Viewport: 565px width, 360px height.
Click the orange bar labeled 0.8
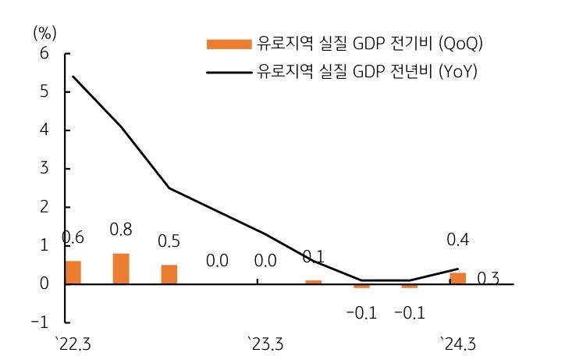[121, 269]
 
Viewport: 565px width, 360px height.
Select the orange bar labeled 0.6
[73, 273]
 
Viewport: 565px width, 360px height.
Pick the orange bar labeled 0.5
[169, 275]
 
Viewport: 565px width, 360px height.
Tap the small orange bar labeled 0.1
[314, 282]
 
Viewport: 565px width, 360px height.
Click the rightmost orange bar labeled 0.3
[458, 279]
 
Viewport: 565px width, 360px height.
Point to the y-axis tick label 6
[44, 54]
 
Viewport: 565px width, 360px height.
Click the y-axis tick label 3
[44, 169]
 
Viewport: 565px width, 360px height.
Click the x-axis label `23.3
[265, 344]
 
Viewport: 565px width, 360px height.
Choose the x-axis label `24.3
[458, 344]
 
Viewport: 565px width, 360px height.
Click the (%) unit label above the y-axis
[44, 32]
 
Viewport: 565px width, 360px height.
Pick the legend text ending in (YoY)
[367, 73]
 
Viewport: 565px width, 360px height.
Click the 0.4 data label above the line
[458, 240]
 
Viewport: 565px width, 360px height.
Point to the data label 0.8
[121, 230]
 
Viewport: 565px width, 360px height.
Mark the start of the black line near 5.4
[73, 77]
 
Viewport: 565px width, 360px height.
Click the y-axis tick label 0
[44, 283]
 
